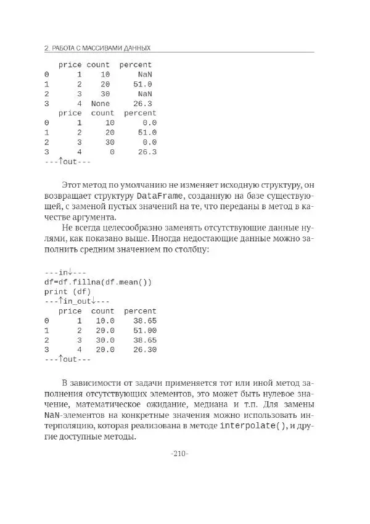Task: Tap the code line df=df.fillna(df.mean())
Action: (97, 282)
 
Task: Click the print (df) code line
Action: (67, 291)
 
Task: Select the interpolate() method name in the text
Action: (253, 426)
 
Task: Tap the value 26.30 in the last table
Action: (145, 349)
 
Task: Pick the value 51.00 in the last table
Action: (145, 330)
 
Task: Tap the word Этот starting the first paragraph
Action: (73, 185)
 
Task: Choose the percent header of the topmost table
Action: (136, 65)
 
